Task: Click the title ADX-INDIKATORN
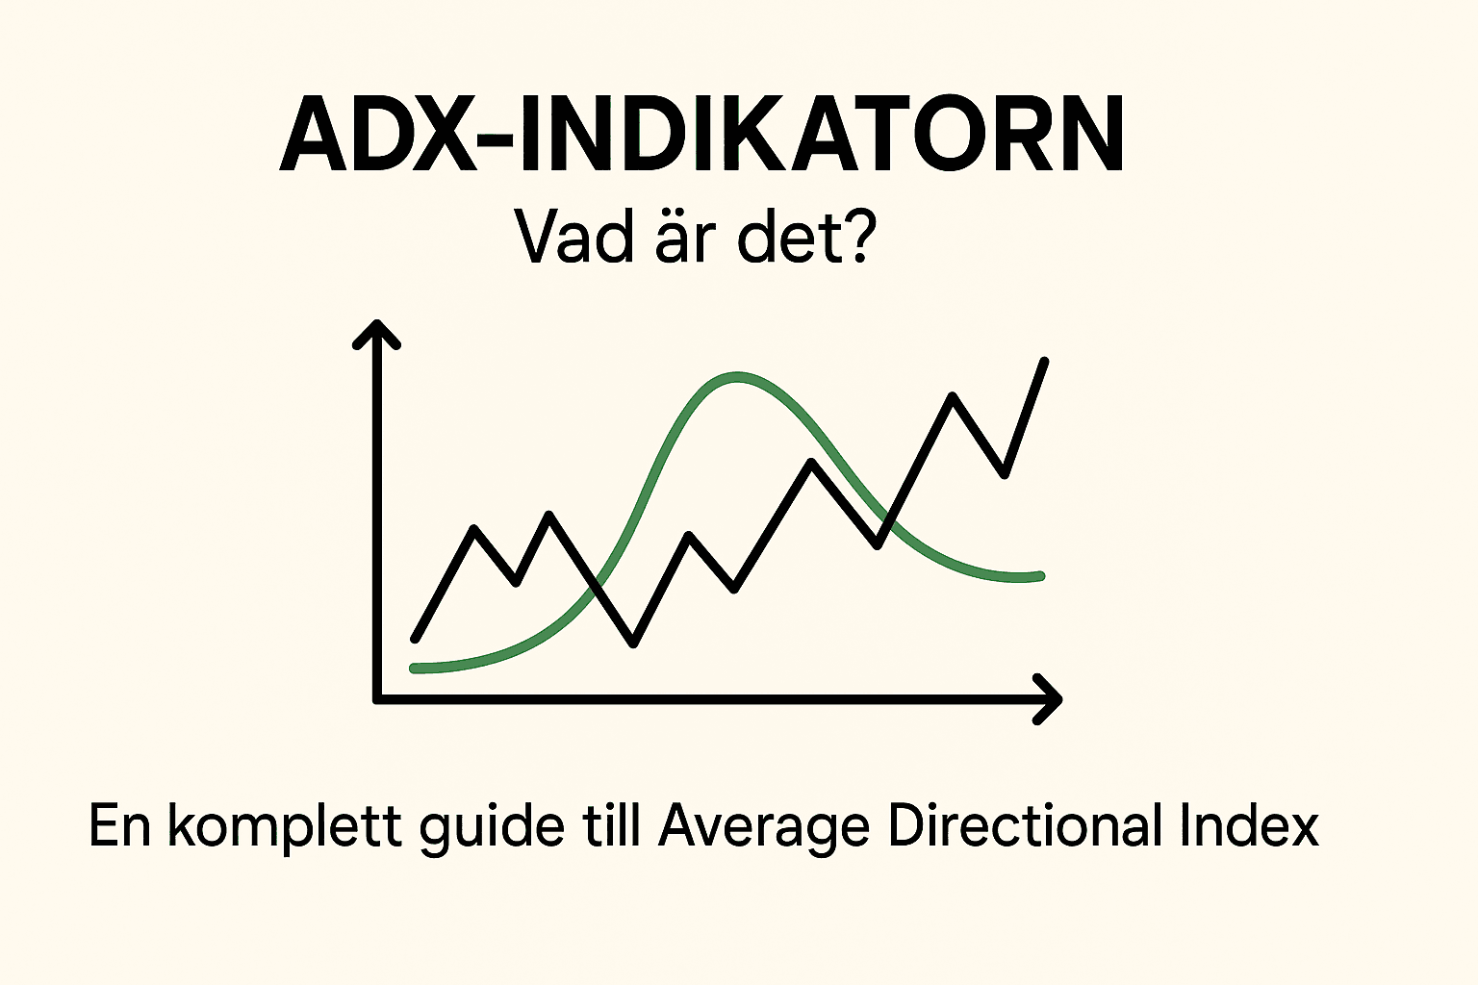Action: pyautogui.click(x=701, y=135)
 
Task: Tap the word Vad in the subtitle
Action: pyautogui.click(x=575, y=237)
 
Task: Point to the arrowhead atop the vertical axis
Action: pyautogui.click(x=376, y=332)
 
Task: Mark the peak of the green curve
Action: pyautogui.click(x=737, y=376)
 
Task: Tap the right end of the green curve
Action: pyautogui.click(x=1040, y=576)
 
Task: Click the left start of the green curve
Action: pyautogui.click(x=415, y=668)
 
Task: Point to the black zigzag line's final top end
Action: pyautogui.click(x=1045, y=362)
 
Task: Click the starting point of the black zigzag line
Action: pyautogui.click(x=415, y=638)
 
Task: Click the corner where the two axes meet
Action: pyautogui.click(x=377, y=699)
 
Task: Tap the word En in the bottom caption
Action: pyautogui.click(x=120, y=825)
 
